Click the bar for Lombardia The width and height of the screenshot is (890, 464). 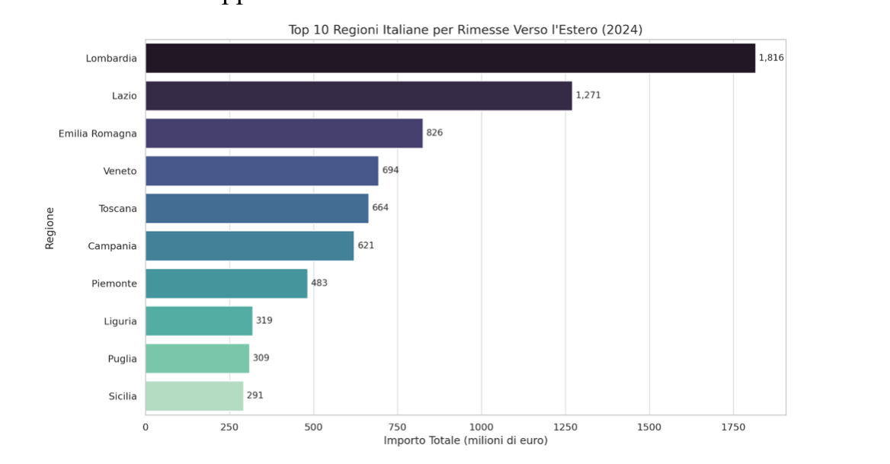click(450, 58)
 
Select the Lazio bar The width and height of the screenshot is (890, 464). click(358, 96)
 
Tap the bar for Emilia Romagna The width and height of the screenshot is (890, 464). click(283, 133)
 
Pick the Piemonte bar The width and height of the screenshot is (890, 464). click(226, 283)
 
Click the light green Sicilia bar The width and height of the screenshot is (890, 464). click(194, 396)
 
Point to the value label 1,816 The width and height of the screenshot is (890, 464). click(771, 58)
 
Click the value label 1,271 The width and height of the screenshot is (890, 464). click(588, 95)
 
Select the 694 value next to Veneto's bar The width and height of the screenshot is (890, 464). click(390, 171)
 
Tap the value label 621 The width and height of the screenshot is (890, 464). click(366, 245)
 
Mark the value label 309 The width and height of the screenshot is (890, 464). click(261, 358)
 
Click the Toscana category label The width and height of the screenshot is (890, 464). click(117, 209)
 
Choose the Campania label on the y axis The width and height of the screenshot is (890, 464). click(112, 246)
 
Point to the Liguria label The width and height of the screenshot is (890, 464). click(120, 322)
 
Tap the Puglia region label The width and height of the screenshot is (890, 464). click(122, 359)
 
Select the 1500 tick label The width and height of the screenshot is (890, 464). click(649, 427)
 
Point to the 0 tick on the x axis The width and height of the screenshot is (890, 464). click(146, 427)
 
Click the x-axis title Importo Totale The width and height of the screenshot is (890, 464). click(466, 441)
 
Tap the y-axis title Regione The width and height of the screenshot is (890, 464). click(50, 228)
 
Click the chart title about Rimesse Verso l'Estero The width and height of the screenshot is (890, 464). click(465, 30)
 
